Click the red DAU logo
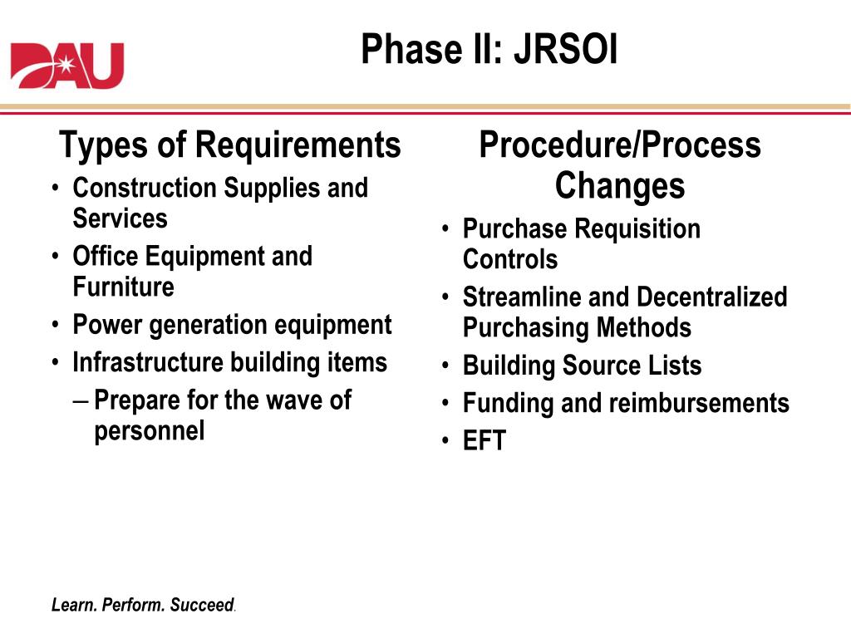click(x=67, y=66)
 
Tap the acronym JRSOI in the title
click(x=565, y=49)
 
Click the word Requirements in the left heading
click(x=298, y=145)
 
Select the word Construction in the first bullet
click(x=145, y=189)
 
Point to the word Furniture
click(x=123, y=287)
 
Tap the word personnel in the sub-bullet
click(x=150, y=432)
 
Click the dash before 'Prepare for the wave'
click(x=81, y=402)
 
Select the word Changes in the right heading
click(x=620, y=186)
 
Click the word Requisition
click(x=637, y=229)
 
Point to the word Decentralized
click(x=711, y=297)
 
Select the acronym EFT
click(x=485, y=440)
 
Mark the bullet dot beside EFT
click(x=445, y=440)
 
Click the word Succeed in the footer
click(x=202, y=605)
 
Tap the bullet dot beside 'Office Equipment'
click(x=56, y=256)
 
